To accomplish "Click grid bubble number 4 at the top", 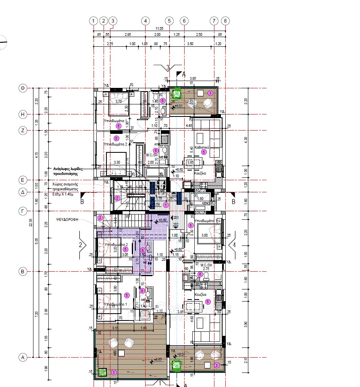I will click(x=145, y=21).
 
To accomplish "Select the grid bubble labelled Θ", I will click(x=23, y=88).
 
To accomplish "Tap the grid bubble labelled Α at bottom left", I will click(x=23, y=357).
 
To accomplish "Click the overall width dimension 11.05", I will click(x=159, y=29).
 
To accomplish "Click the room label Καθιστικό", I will click(x=201, y=148).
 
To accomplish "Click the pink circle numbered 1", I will click(x=165, y=205).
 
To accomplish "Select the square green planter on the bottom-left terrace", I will click(x=102, y=373).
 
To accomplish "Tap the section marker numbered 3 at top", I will click(x=168, y=67).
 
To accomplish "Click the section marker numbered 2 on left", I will click(x=81, y=245).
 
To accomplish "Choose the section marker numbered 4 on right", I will click(x=233, y=245).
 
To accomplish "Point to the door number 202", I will click(x=176, y=225).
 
